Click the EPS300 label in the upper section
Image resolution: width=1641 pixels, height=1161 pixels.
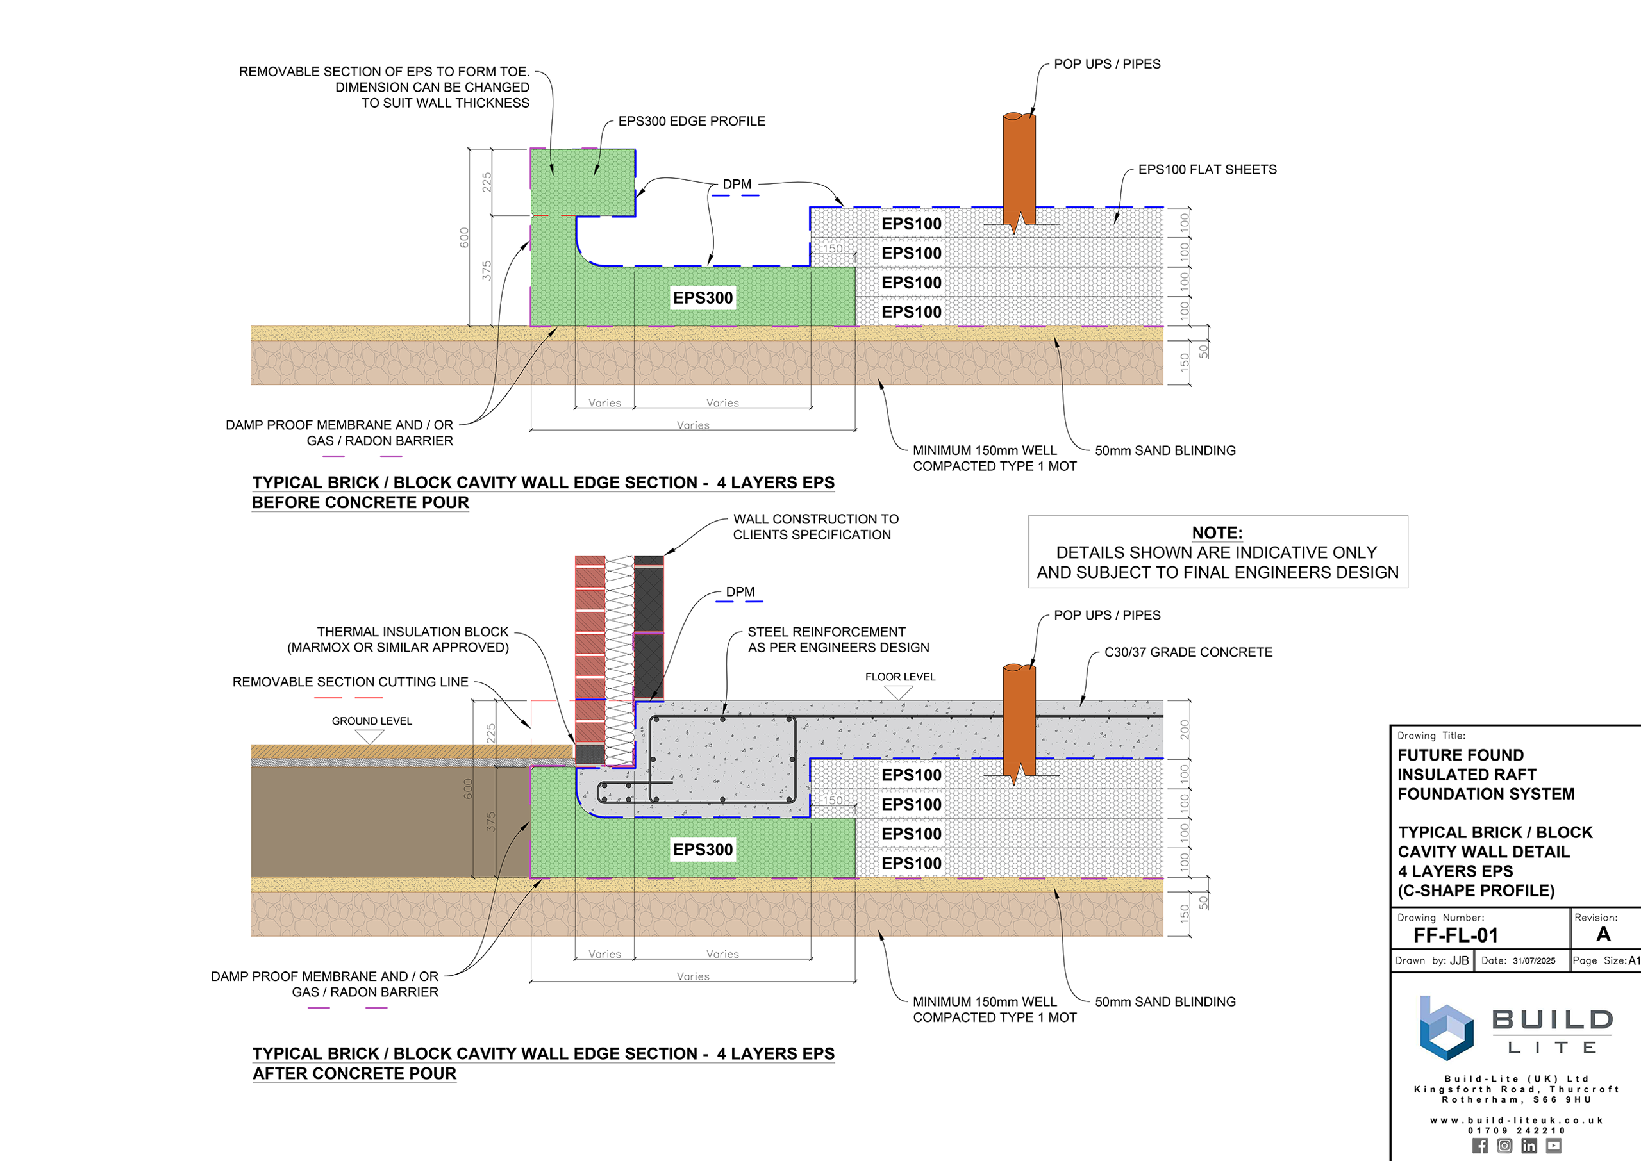coord(703,297)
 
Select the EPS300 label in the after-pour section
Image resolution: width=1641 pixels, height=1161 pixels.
coord(703,850)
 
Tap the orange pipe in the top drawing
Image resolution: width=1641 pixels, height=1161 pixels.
coord(1019,172)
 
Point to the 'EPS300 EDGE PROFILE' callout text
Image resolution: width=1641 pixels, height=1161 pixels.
coord(692,122)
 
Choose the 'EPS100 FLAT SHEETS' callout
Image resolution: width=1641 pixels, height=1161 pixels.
coord(1207,169)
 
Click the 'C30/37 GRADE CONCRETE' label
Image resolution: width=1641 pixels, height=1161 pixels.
coord(1188,652)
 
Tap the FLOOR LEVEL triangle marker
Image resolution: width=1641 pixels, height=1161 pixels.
coord(898,692)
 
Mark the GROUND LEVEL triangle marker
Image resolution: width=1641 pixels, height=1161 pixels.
coord(370,736)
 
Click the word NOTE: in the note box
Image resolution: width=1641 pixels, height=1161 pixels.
coord(1217,532)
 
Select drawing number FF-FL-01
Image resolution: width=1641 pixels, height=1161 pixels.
coord(1455,935)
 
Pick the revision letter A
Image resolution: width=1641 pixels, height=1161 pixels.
coord(1603,934)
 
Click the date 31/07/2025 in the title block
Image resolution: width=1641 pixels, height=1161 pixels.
coord(1534,961)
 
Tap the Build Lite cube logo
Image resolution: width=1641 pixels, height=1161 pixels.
coord(1445,1028)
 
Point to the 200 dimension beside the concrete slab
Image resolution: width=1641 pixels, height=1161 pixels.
coord(1185,729)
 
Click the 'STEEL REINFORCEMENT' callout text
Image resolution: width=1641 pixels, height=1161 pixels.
coord(826,632)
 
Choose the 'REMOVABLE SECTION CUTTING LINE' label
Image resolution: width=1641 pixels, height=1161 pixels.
coord(351,682)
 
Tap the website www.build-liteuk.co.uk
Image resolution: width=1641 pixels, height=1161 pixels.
coord(1517,1120)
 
